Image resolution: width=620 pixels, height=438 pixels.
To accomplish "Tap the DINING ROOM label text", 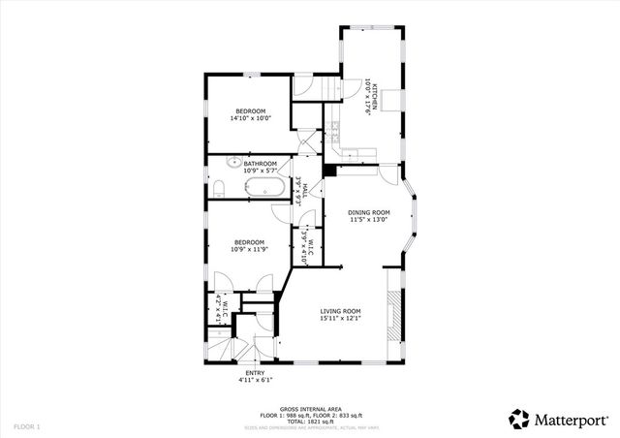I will click(369, 212).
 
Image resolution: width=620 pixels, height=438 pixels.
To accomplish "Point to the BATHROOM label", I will click(261, 164).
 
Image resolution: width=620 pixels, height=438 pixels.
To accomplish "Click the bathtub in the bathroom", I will click(263, 186).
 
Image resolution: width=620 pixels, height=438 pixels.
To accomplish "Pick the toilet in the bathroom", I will click(219, 186).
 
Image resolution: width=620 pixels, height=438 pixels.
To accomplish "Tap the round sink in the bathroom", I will click(234, 163).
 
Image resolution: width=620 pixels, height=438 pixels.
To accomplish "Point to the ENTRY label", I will click(255, 372).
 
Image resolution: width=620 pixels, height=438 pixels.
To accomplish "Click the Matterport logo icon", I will click(520, 419).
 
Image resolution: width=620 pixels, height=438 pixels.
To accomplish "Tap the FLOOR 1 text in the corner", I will click(27, 426).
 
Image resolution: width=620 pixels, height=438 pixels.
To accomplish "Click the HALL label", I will click(305, 191).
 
